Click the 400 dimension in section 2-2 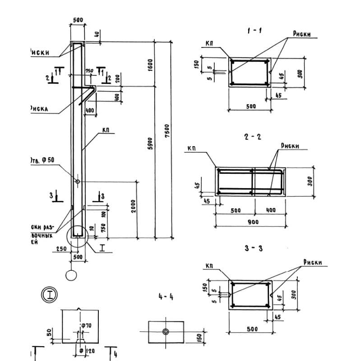coord(270,211)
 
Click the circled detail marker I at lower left coord(49,295)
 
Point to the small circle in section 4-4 coord(166,332)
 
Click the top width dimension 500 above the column coord(78,20)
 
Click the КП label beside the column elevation coord(106,131)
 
